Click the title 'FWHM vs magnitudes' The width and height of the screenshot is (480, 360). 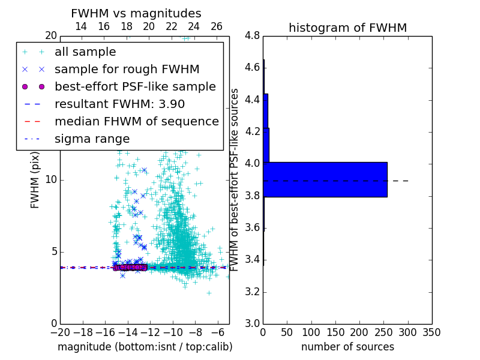tap(136, 13)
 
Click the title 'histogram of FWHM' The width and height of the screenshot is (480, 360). tap(347, 28)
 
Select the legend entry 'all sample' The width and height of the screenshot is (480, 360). tap(85, 52)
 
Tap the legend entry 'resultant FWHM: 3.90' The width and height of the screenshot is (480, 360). tap(119, 104)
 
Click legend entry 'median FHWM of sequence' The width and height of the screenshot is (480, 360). tap(136, 121)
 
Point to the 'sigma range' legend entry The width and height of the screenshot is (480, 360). tap(92, 139)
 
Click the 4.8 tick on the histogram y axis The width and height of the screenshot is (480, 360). tap(252, 36)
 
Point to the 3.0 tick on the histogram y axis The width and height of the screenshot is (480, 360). tap(252, 324)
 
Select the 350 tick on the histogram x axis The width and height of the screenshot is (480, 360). tap(431, 333)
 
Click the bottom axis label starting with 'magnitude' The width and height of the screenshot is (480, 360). tap(145, 347)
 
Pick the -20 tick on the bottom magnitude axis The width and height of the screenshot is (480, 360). tap(60, 333)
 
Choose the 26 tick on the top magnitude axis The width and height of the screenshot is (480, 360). tap(217, 26)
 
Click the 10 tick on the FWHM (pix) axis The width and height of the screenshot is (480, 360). tap(51, 180)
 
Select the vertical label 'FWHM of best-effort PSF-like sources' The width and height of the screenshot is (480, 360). tap(235, 180)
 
